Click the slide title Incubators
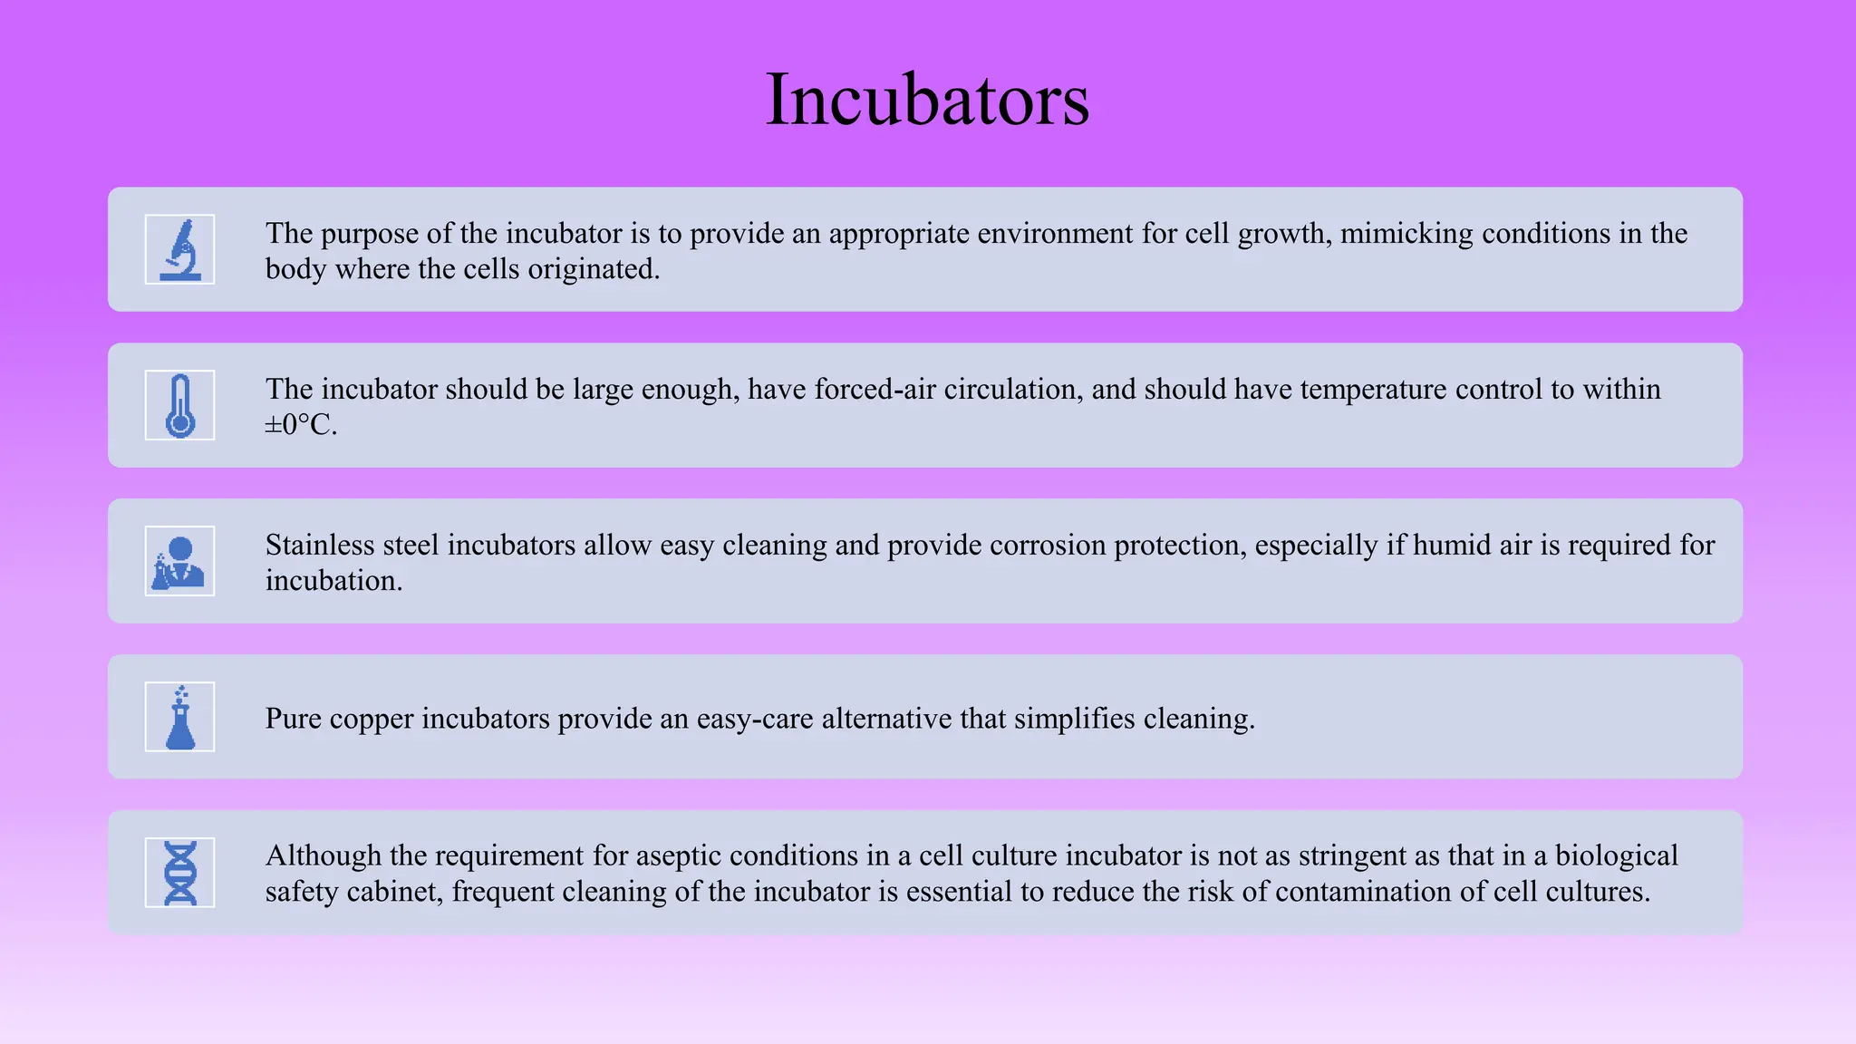927,99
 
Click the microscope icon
179,249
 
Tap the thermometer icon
179,405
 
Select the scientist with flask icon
179,561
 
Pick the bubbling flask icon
179,717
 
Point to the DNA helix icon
179,873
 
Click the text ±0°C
301,424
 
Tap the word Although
323,856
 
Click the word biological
1617,856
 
